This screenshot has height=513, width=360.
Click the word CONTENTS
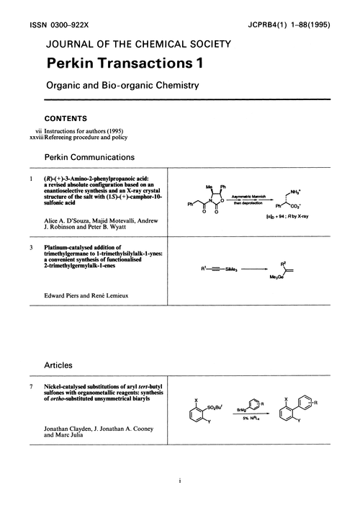[x=66, y=118]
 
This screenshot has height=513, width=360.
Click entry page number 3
[x=31, y=248]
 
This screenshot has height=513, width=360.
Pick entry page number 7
[x=31, y=388]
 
